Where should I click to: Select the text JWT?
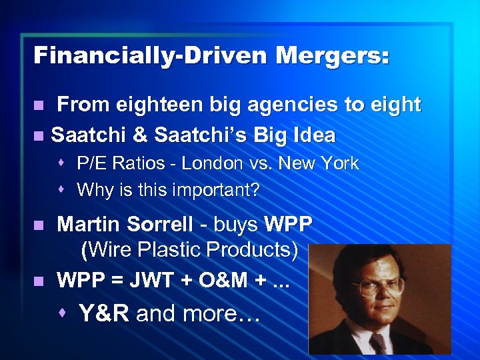[x=157, y=279]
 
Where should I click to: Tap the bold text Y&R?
[x=103, y=313]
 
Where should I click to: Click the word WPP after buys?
[x=288, y=225]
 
